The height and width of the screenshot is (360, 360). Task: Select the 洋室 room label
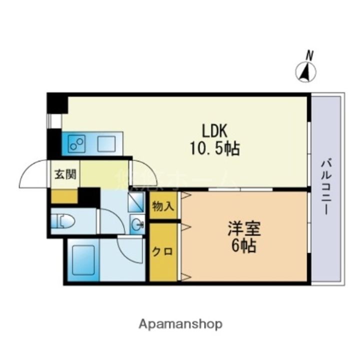[243, 229]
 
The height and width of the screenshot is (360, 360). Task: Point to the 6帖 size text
[243, 246]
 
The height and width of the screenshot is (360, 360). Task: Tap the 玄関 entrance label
[65, 174]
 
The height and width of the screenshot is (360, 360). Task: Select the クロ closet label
[163, 251]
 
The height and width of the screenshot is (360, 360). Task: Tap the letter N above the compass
[310, 55]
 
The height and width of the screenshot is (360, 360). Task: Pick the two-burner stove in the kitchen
[77, 144]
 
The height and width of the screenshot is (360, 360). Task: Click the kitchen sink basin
[105, 144]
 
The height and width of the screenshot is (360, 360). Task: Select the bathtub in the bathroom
[82, 260]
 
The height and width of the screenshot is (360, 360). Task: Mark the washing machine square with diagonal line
[136, 202]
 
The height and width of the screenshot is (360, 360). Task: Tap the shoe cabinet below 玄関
[64, 196]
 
